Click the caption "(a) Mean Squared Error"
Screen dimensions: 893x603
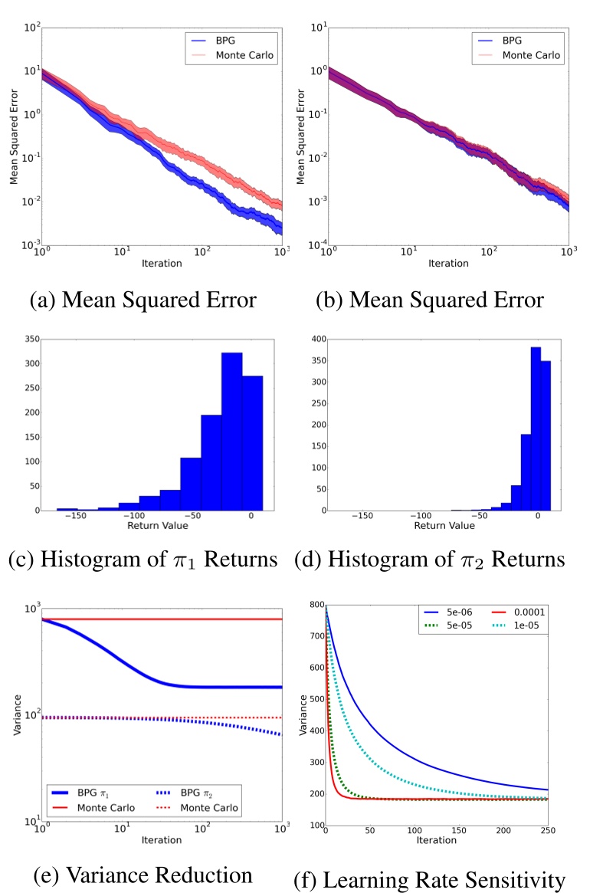tap(143, 300)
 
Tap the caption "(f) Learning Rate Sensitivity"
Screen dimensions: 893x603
tap(429, 881)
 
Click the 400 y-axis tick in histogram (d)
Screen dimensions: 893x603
tap(317, 338)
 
